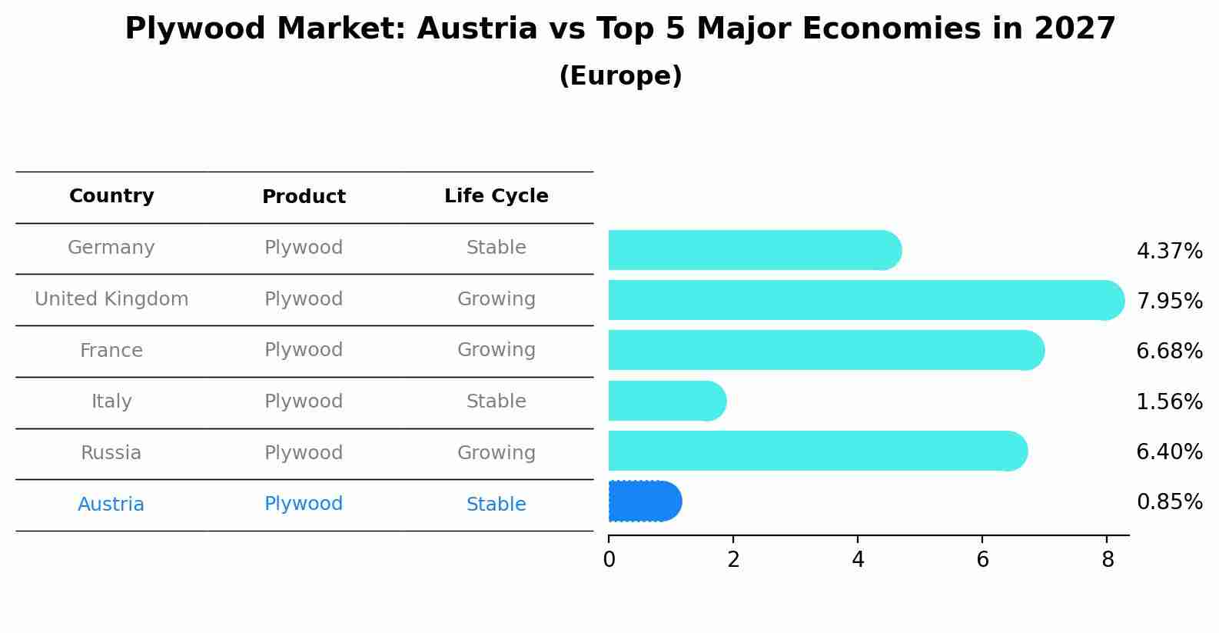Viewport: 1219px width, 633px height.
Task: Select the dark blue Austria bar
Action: (644, 501)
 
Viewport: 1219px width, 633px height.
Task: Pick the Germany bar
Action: (754, 250)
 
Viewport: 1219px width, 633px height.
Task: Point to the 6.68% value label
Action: (1169, 351)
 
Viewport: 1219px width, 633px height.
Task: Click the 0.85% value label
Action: (1169, 502)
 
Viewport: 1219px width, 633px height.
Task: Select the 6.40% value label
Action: (1169, 451)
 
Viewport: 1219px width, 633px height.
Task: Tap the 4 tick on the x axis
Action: (858, 560)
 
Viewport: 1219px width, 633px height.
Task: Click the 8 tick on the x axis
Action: (1107, 560)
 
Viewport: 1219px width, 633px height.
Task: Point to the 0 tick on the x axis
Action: (609, 560)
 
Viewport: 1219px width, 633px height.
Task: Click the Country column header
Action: (111, 196)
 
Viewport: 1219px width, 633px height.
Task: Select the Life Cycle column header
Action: (496, 196)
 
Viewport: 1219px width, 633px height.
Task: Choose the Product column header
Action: (304, 197)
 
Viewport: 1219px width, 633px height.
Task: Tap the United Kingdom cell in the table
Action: (111, 299)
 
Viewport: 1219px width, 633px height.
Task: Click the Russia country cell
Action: (111, 453)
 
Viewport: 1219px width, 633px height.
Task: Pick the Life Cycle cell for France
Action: (496, 351)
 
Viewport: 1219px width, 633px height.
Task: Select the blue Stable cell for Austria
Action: (496, 505)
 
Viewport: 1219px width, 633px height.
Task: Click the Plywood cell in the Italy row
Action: (304, 401)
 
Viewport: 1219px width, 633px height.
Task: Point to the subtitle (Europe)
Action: (620, 76)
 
